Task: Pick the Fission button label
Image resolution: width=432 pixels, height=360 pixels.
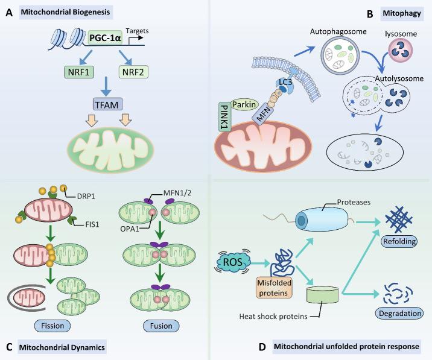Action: (x=55, y=326)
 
